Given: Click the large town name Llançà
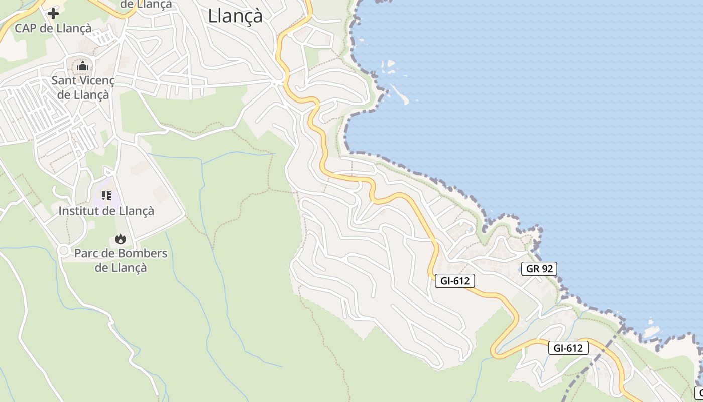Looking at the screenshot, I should [235, 16].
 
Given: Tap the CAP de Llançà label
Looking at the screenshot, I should [53, 28].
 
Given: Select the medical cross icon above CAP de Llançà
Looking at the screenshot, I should [53, 14].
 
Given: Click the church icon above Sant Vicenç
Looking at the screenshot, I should [83, 66].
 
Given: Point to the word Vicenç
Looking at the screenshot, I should [96, 80].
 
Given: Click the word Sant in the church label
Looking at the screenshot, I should [64, 80].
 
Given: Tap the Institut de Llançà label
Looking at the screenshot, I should [106, 211].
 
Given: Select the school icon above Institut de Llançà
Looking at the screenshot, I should [106, 196].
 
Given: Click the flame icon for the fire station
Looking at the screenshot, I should [120, 239].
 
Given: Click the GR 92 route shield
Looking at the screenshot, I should [539, 269].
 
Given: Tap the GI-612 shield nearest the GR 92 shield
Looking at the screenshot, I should [455, 281].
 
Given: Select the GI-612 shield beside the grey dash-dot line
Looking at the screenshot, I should [568, 347].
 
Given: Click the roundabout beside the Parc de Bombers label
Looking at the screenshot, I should [64, 250].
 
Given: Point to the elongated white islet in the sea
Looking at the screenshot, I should [399, 94].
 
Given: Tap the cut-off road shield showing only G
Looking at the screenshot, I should [698, 392].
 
